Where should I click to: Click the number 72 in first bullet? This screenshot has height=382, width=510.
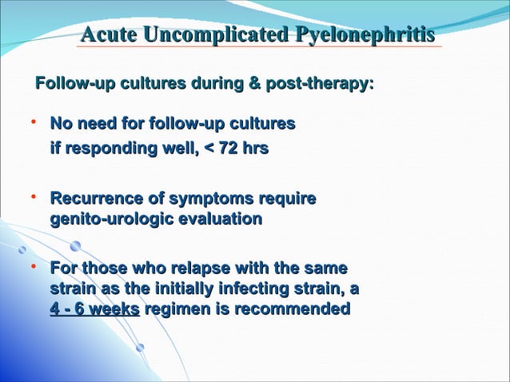coord(231,148)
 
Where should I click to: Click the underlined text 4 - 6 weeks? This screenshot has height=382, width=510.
coord(94,308)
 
